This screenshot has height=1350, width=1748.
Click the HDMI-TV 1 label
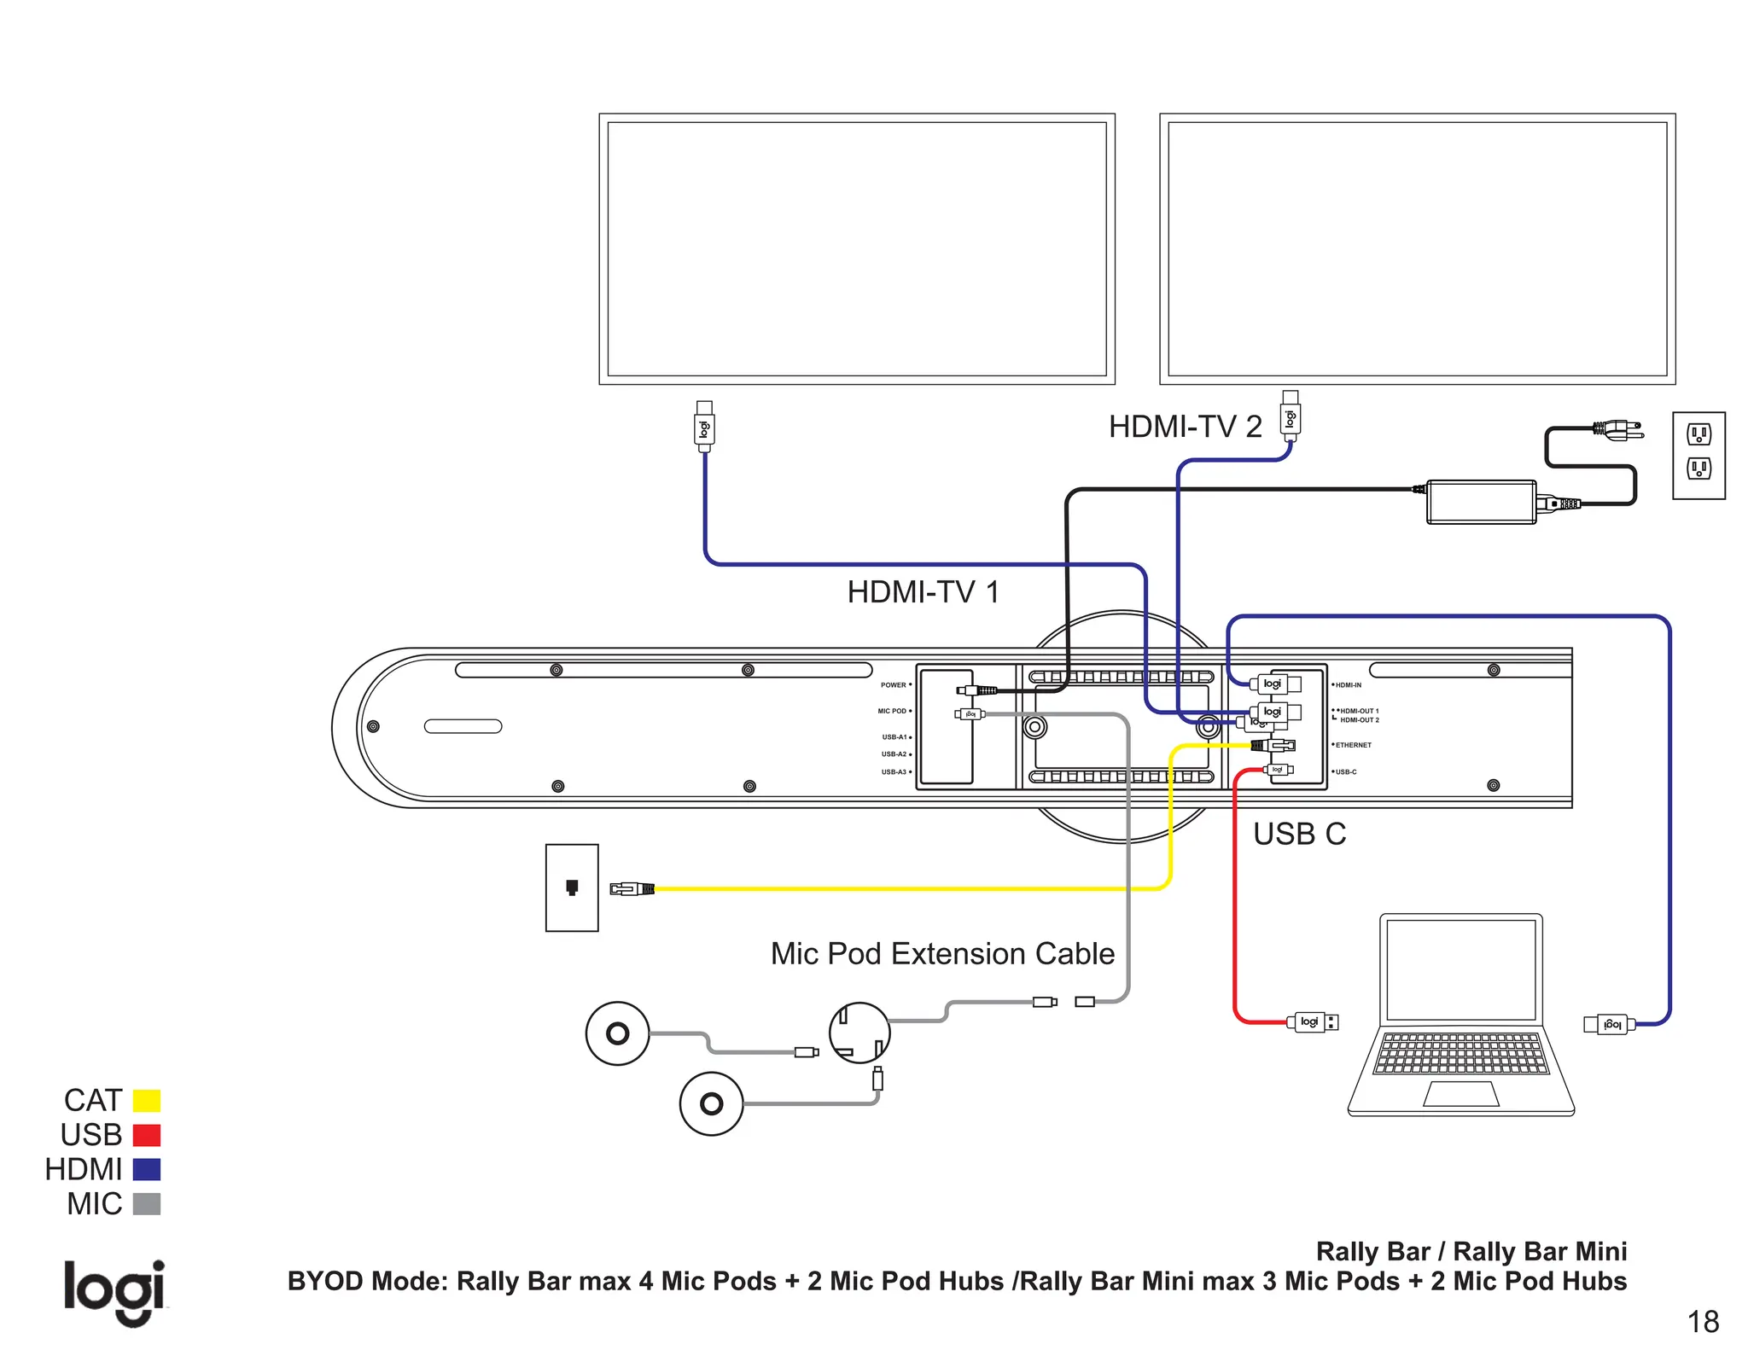(923, 592)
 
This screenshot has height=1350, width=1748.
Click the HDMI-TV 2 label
(1185, 427)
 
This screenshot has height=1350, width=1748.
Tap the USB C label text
(1298, 834)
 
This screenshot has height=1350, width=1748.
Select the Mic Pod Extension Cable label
(942, 953)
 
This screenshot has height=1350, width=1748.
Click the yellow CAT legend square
(147, 1101)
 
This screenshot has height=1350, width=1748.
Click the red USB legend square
(147, 1135)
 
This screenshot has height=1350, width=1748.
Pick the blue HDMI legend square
(147, 1169)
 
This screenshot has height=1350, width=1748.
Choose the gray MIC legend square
(147, 1204)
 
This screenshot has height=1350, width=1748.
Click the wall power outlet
(1698, 455)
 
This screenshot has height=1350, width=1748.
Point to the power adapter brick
(1481, 502)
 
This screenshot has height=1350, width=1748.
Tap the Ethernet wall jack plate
(572, 887)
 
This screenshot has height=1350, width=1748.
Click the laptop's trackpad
(1461, 1094)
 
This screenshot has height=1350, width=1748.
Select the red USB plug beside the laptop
(1312, 1021)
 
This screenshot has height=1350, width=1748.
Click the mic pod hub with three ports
(859, 1033)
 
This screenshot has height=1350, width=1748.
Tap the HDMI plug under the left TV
(704, 427)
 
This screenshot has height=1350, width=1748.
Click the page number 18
(1703, 1322)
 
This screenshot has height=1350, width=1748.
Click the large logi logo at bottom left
(114, 1290)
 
